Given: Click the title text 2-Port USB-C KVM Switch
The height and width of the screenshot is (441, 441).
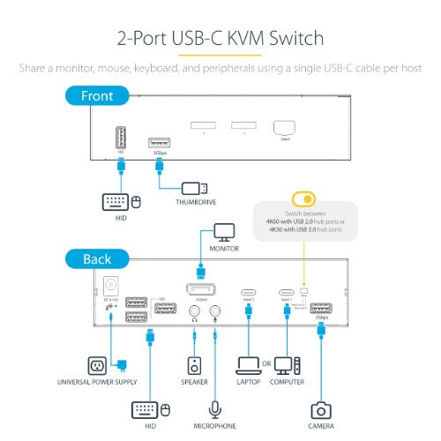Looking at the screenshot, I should coord(220,39).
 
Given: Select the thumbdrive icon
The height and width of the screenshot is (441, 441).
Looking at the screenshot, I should coord(194,188).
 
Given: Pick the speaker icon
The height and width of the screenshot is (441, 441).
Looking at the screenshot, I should coord(195,365).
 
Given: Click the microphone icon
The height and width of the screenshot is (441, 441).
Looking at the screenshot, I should coord(214,409).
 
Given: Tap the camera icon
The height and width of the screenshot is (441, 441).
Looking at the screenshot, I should coord(321,410).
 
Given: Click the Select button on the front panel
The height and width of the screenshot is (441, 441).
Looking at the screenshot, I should coord(283,128).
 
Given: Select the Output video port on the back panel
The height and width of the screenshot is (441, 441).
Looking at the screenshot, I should coord(201,289).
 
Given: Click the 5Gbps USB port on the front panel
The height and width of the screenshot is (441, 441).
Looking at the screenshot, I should coord(160,142).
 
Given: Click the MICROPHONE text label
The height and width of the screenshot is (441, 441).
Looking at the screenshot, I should coord(214,426).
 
